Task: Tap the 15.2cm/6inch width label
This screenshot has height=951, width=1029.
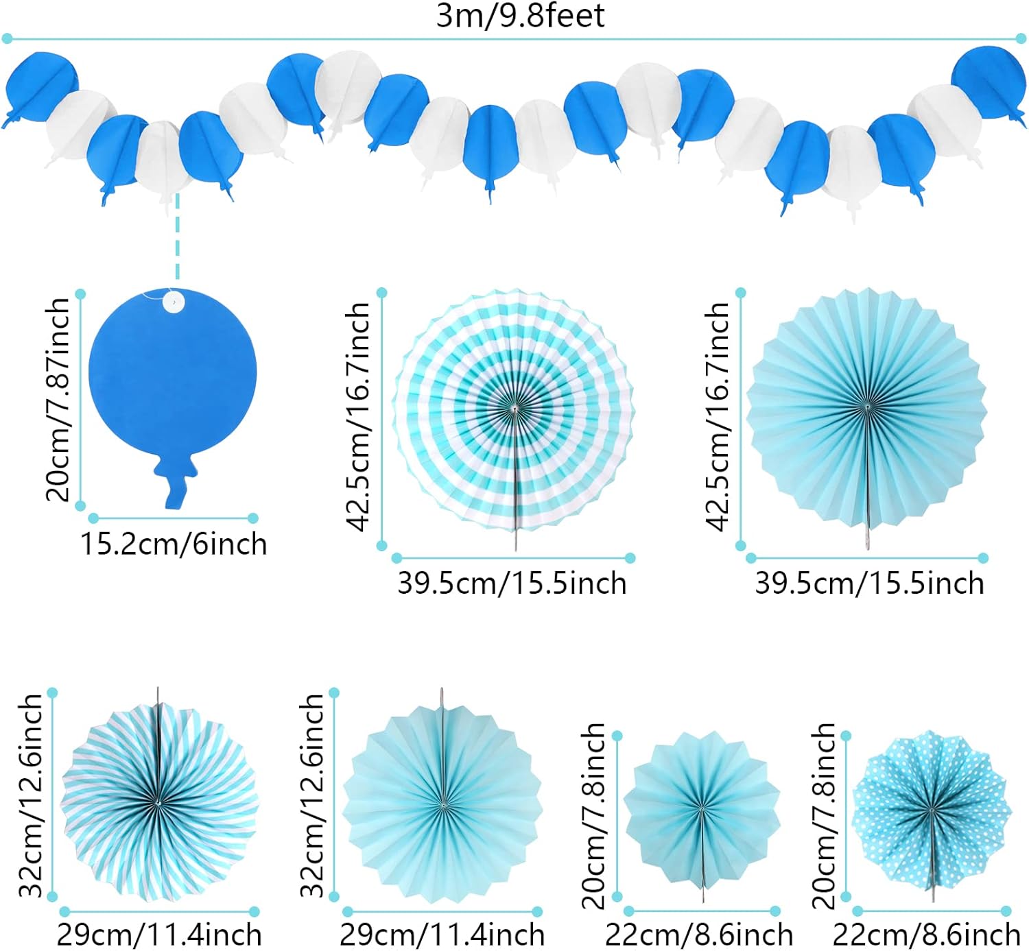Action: (x=174, y=544)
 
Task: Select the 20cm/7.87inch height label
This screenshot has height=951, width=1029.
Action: (x=58, y=399)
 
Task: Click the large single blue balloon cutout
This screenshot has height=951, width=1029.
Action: (x=172, y=377)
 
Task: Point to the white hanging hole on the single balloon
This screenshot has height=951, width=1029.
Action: (x=174, y=302)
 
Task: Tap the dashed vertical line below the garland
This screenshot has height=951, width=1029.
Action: (x=177, y=237)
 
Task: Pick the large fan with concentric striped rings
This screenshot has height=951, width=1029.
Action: (x=513, y=410)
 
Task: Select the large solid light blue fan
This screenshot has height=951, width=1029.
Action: (x=866, y=409)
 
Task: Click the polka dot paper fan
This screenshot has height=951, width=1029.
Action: (x=932, y=809)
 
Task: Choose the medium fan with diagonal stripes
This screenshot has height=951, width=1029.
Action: (x=158, y=799)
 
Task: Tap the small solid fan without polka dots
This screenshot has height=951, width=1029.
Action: (x=702, y=809)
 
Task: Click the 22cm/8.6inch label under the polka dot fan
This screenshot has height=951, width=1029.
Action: (x=927, y=935)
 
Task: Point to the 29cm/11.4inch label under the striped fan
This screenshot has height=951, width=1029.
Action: (x=159, y=935)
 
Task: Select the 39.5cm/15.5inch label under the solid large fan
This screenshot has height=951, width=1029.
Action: (x=869, y=583)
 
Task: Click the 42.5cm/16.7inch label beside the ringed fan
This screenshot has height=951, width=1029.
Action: (x=358, y=417)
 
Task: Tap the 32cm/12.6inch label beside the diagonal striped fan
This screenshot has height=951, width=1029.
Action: (x=31, y=795)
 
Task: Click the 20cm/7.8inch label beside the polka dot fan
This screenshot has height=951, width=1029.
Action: (x=823, y=815)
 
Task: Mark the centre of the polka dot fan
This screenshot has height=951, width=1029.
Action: (x=932, y=810)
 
